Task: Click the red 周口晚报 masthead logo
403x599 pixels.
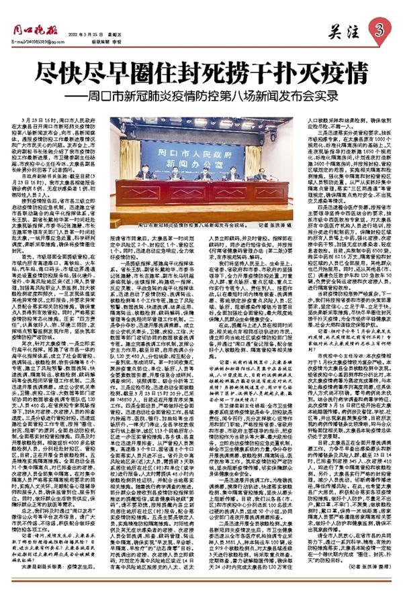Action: [32, 31]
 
